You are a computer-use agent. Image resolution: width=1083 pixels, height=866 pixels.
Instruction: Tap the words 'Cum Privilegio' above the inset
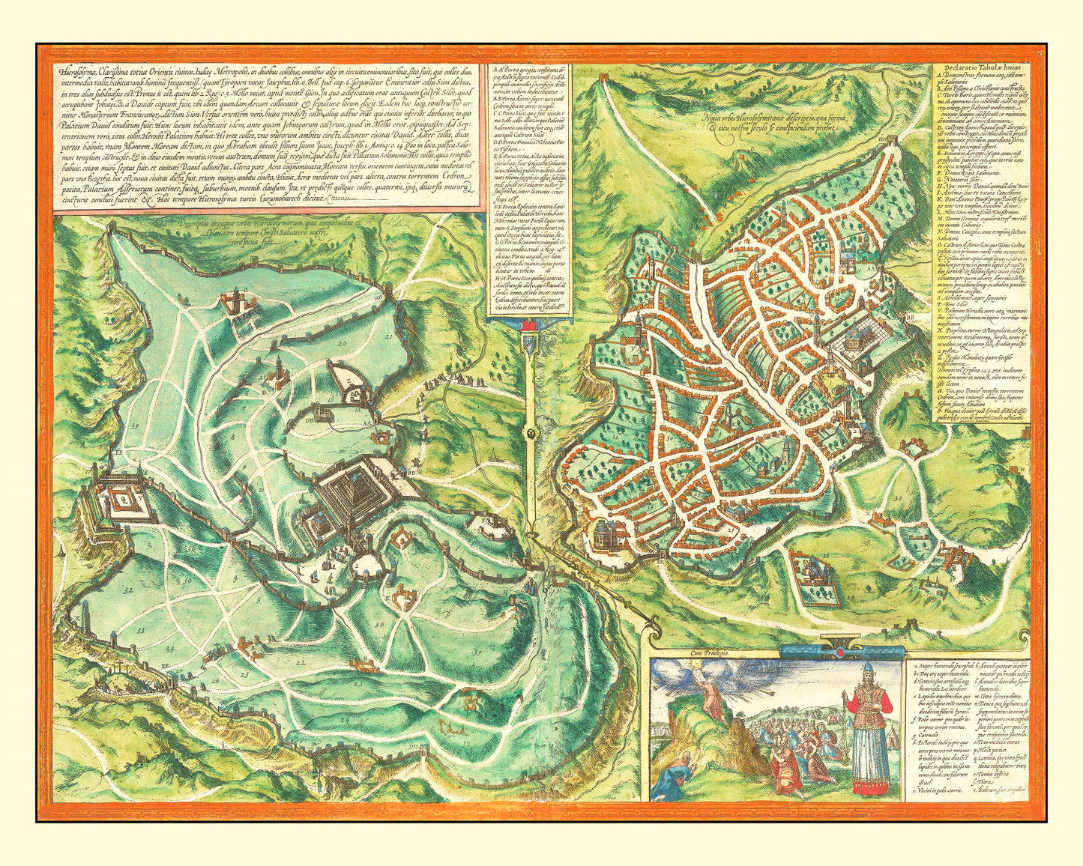[677, 654]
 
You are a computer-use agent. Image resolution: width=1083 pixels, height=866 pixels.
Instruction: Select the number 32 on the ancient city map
[128, 591]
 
